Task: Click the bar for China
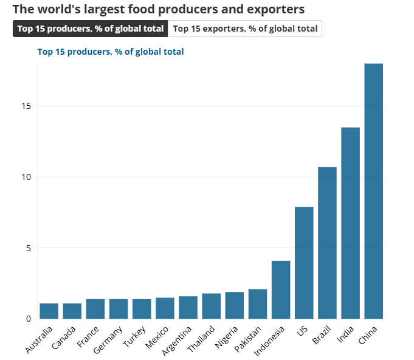tap(373, 191)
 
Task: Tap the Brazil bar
tap(327, 243)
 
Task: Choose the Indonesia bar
tap(281, 289)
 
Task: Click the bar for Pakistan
tap(258, 303)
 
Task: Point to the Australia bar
tap(49, 311)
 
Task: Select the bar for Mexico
tap(165, 308)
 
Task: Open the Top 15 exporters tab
tap(245, 29)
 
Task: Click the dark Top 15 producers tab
tap(90, 29)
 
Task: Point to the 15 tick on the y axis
tap(26, 106)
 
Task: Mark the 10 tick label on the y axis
tap(26, 177)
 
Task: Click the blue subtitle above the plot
tap(111, 52)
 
